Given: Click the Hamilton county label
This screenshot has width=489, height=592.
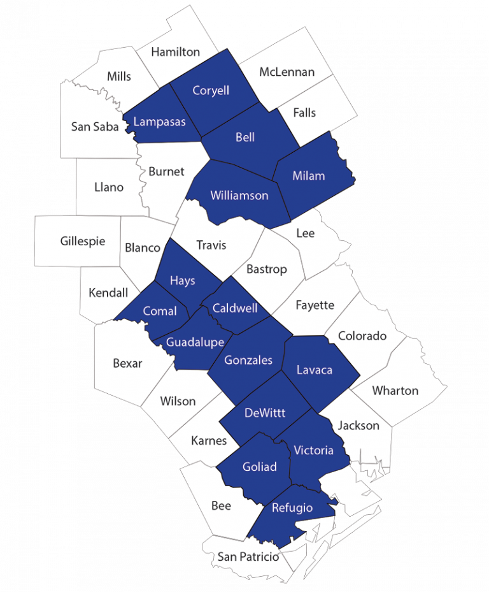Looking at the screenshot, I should click(x=175, y=52).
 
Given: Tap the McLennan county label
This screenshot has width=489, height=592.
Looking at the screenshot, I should click(x=287, y=72).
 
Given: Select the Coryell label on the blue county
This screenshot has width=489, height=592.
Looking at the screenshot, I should click(x=211, y=90).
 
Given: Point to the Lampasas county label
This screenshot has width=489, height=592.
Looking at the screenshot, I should click(x=160, y=121).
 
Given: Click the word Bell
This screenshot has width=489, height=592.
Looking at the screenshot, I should click(x=245, y=138).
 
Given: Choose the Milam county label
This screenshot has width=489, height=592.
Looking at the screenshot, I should click(x=308, y=176).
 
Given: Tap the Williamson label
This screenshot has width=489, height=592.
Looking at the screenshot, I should click(x=239, y=196).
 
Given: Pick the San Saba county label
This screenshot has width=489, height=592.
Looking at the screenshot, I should click(x=95, y=127).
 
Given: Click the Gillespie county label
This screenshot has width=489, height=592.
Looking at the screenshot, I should click(x=83, y=242).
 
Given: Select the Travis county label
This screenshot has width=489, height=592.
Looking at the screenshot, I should click(x=211, y=245).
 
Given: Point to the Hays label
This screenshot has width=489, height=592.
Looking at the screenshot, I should click(x=183, y=280).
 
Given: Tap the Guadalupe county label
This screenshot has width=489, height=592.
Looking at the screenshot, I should click(x=195, y=342).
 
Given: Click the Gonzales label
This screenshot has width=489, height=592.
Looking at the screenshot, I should click(x=248, y=360).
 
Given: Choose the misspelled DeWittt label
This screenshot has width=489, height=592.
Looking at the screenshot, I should click(x=265, y=413).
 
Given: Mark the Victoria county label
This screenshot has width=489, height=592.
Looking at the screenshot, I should click(x=313, y=451).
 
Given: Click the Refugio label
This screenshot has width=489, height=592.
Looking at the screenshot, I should click(x=292, y=508).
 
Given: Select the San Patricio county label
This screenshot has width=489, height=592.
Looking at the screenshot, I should click(x=248, y=557).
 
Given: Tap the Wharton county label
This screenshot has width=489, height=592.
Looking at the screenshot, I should click(x=395, y=391).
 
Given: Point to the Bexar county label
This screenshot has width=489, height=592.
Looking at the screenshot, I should click(x=127, y=364).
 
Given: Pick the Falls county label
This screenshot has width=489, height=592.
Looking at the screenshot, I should click(x=304, y=113).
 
